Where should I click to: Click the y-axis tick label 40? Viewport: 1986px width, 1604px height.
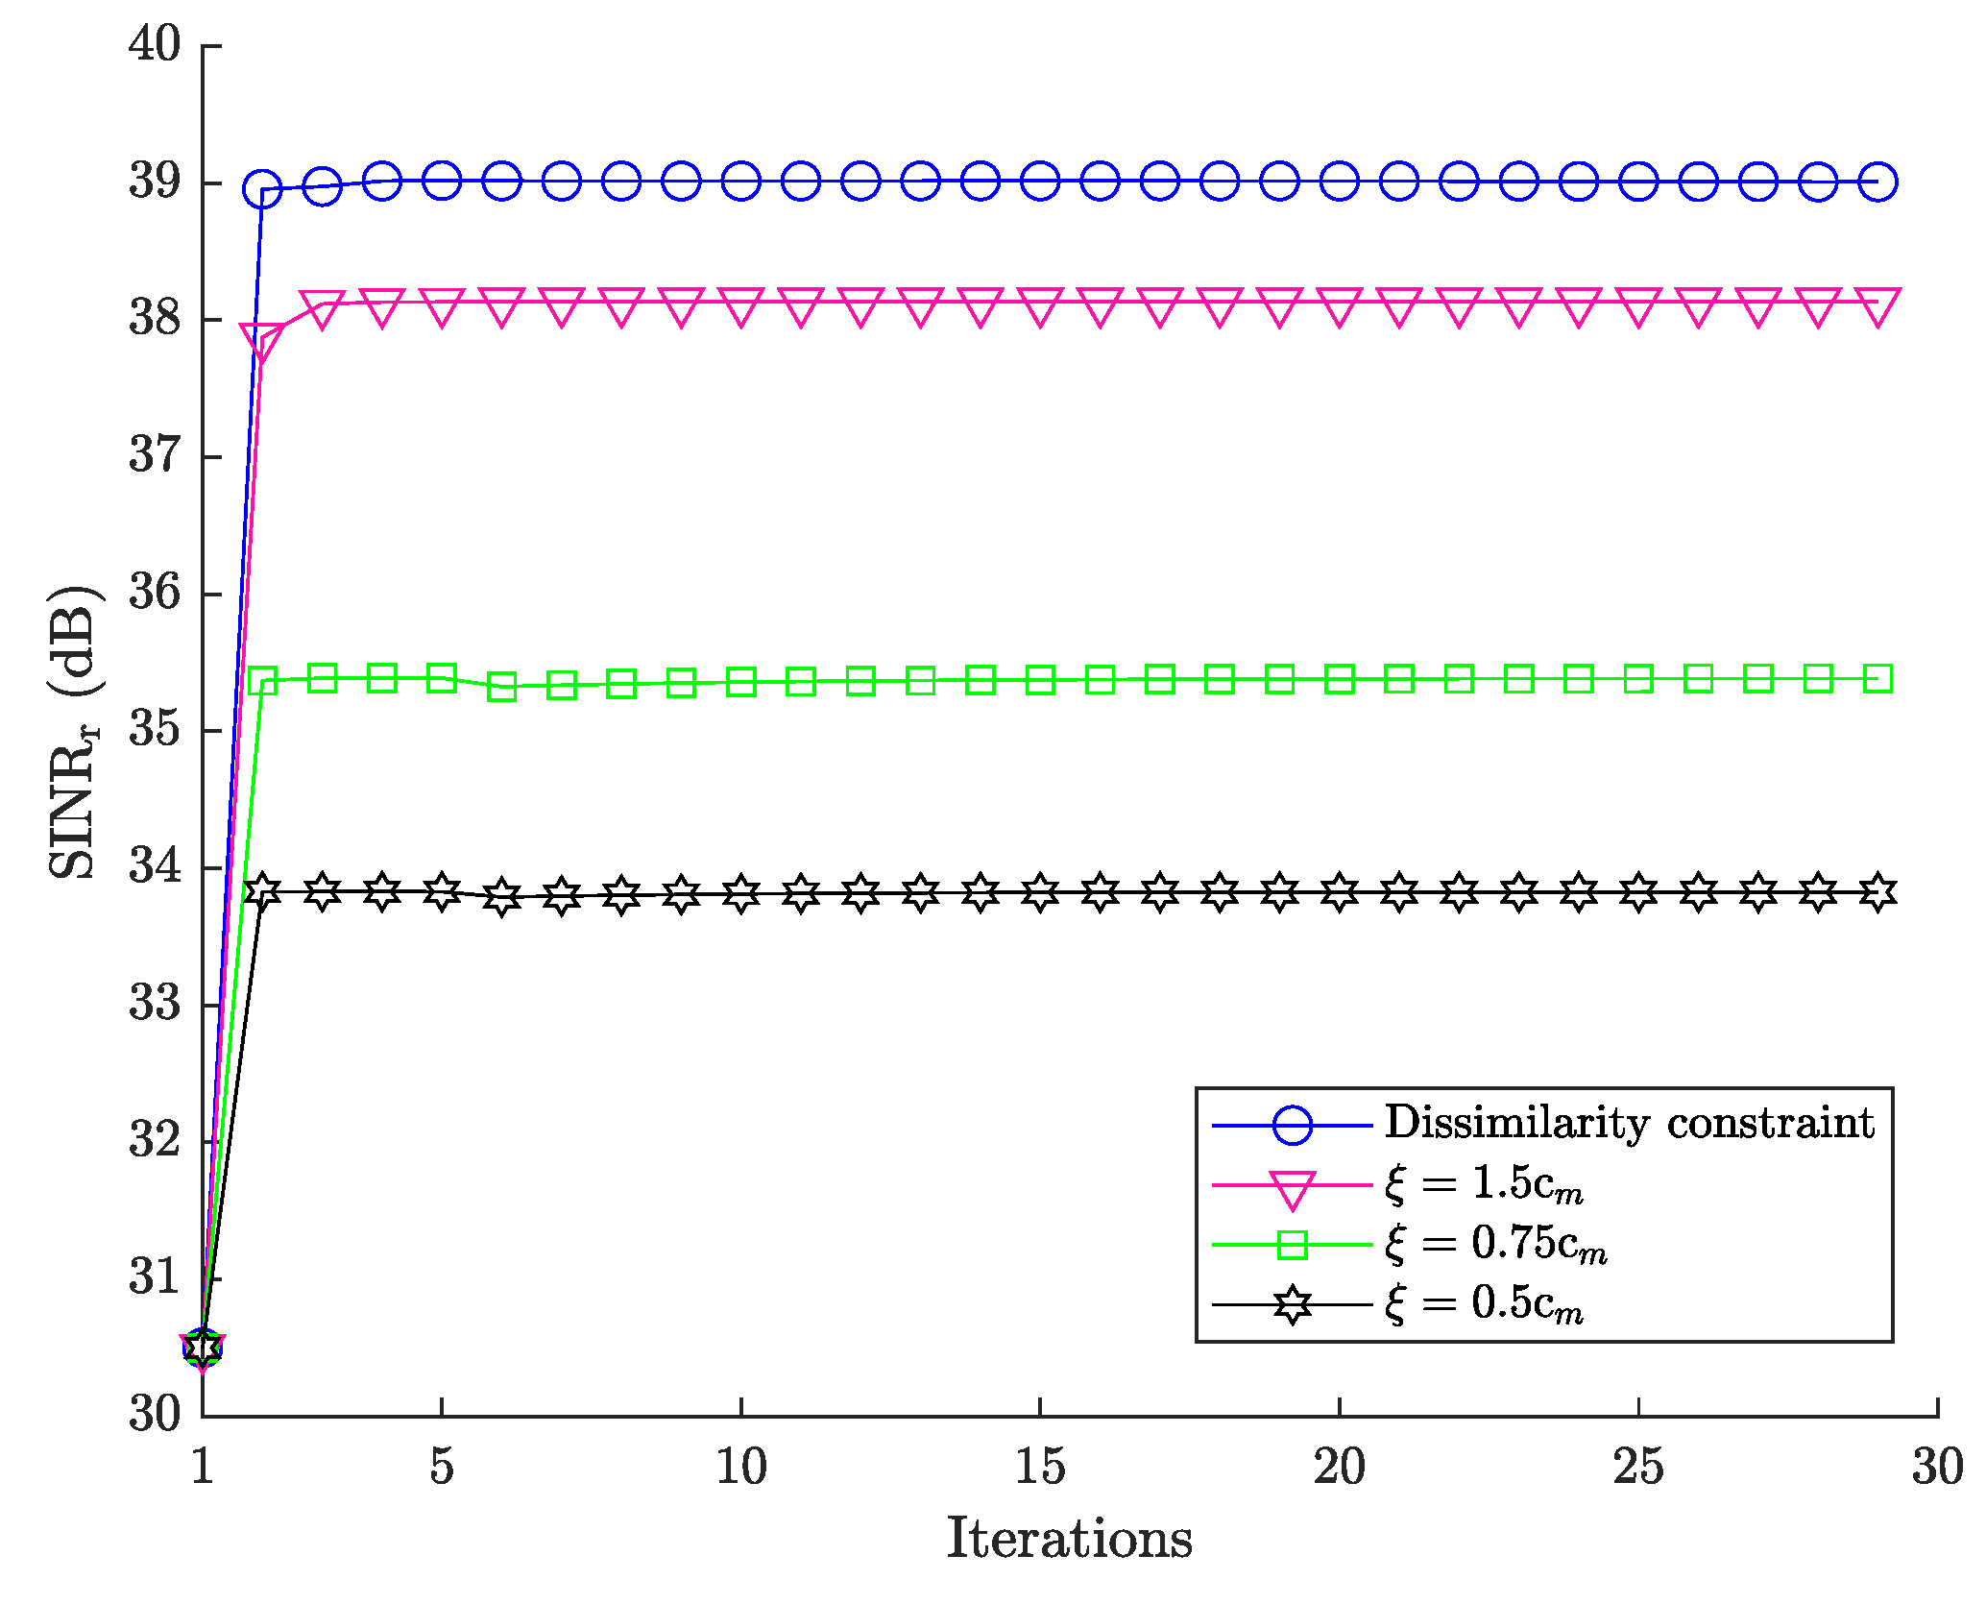pyautogui.click(x=155, y=44)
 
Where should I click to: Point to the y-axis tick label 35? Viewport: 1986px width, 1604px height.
pyautogui.click(x=155, y=730)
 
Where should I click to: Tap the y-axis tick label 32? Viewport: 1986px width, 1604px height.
pyautogui.click(x=155, y=1140)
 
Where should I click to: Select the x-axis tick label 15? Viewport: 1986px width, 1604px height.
pyautogui.click(x=1040, y=1468)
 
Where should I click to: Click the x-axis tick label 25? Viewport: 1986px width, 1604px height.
pyautogui.click(x=1637, y=1468)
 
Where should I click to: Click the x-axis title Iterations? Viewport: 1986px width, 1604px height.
pyautogui.click(x=1069, y=1539)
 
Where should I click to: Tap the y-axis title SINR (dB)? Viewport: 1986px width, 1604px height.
pyautogui.click(x=75, y=730)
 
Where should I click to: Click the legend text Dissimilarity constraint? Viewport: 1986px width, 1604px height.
pyautogui.click(x=1629, y=1123)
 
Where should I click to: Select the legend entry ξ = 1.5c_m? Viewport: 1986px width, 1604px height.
pyautogui.click(x=1484, y=1184)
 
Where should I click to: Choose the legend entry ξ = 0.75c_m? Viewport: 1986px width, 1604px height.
pyautogui.click(x=1495, y=1245)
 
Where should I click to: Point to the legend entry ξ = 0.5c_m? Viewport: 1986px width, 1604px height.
pyautogui.click(x=1484, y=1304)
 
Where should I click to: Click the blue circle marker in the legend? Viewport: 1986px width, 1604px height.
pyautogui.click(x=1293, y=1125)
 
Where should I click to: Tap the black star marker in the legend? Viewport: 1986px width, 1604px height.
pyautogui.click(x=1293, y=1304)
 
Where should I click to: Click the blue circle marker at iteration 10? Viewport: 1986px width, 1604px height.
pyautogui.click(x=741, y=181)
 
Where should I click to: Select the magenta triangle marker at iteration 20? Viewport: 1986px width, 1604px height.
pyautogui.click(x=1339, y=306)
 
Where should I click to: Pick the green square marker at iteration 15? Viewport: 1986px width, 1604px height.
pyautogui.click(x=1040, y=681)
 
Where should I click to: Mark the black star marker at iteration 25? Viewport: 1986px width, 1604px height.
pyautogui.click(x=1637, y=893)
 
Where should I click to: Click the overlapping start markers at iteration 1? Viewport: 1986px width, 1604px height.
pyautogui.click(x=203, y=1348)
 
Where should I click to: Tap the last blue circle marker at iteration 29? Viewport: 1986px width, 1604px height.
pyautogui.click(x=1877, y=182)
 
